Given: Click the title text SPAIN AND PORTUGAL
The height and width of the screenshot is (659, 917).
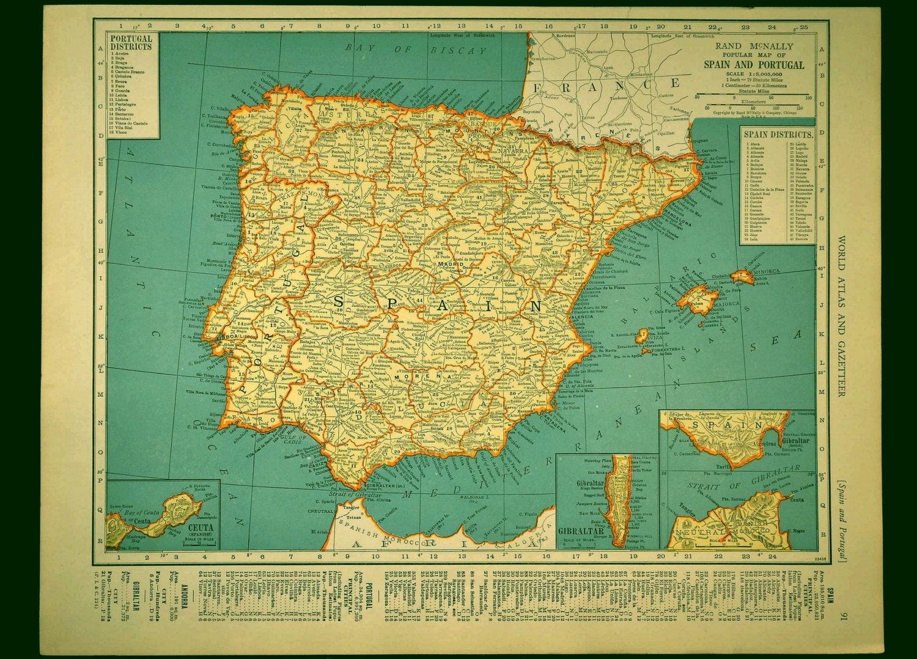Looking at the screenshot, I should click(x=754, y=65).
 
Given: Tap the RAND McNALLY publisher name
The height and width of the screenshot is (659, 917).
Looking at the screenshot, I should click(x=754, y=46).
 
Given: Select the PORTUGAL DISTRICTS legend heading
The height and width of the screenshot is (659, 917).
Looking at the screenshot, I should click(x=131, y=42).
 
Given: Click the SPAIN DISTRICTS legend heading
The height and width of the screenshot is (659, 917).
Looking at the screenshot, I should click(x=778, y=134).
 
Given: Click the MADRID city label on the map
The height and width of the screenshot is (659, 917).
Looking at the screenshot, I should click(x=447, y=264).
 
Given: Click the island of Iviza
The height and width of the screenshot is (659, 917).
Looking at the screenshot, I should click(x=643, y=335).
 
